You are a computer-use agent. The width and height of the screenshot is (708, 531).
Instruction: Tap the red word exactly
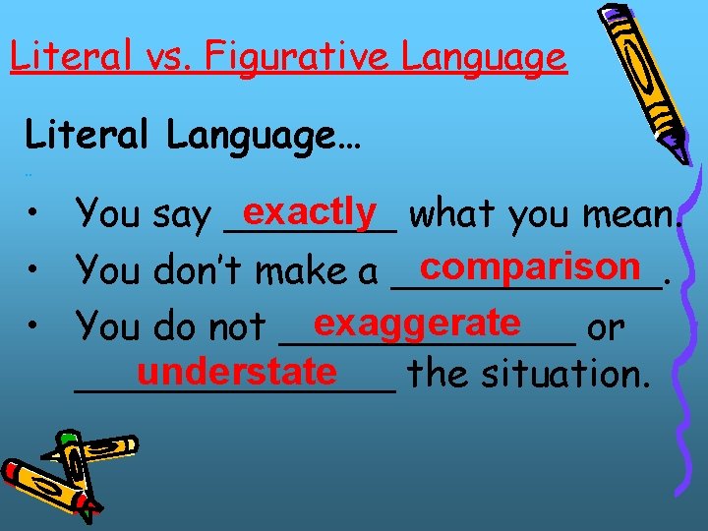(312, 209)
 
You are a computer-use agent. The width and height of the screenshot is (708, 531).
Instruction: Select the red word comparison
(528, 265)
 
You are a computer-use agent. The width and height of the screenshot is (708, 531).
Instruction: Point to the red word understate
(237, 371)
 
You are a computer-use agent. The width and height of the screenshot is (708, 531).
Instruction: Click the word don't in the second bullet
(204, 269)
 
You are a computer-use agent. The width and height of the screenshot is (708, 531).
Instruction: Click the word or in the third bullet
(605, 325)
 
